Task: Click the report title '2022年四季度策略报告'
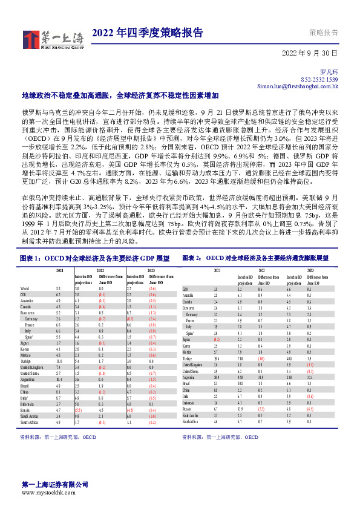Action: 148,33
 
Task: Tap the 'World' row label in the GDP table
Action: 25,289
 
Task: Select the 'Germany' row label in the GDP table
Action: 32,317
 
